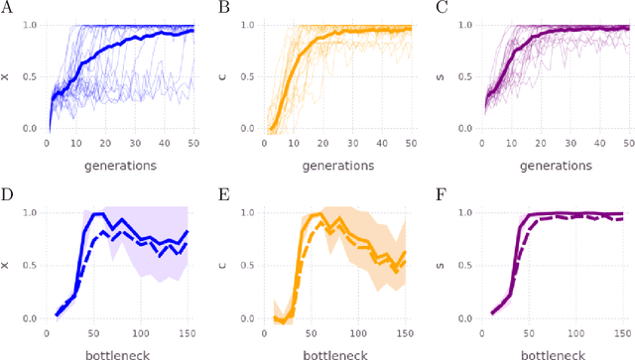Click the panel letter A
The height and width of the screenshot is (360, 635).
coord(8,7)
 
